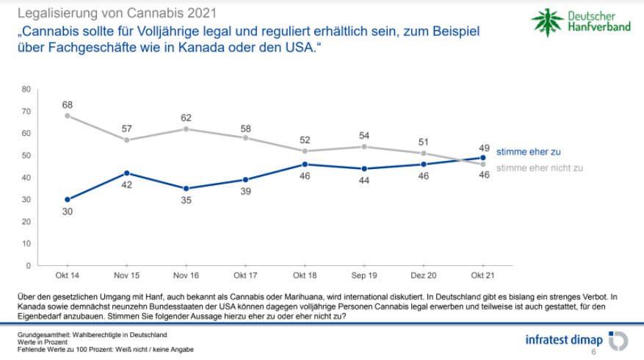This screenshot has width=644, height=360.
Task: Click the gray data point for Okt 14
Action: (68, 115)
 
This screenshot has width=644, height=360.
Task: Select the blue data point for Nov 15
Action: (127, 173)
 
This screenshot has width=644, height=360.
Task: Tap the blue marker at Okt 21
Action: (483, 157)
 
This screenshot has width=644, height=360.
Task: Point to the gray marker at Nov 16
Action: (187, 129)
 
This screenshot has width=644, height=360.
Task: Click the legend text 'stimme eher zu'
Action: (529, 152)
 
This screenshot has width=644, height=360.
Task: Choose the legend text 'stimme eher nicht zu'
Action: (540, 168)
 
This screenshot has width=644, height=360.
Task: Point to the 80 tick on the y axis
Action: (26, 89)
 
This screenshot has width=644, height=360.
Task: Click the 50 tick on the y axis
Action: (26, 155)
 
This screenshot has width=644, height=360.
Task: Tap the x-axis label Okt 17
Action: (245, 276)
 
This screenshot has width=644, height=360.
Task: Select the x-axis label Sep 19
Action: (364, 276)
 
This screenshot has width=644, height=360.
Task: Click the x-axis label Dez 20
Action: (424, 276)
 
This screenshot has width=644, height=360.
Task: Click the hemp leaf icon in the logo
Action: (547, 22)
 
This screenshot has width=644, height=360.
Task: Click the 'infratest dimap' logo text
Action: (563, 340)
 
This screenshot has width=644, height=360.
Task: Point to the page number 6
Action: (593, 353)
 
